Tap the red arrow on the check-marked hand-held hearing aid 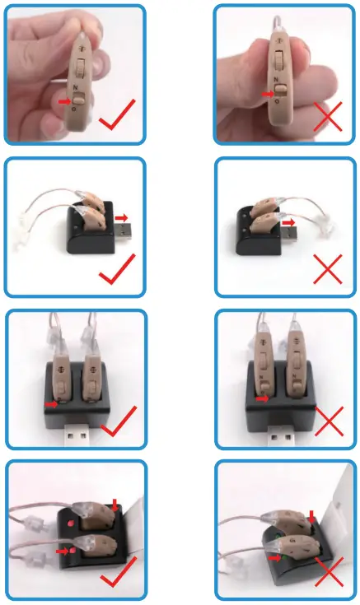[x=65, y=100]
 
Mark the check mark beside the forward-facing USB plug [x=119, y=422]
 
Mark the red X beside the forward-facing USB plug [x=329, y=421]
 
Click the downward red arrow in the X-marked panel [x=313, y=515]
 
